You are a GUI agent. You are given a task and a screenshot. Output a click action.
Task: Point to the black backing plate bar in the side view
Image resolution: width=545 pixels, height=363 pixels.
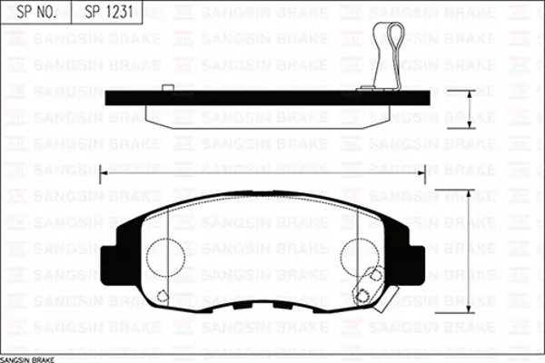[272, 98]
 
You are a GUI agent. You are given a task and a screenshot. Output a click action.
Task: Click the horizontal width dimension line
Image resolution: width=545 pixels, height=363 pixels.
[263, 171]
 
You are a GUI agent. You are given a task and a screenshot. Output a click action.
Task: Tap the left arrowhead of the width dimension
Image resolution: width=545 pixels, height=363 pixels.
[104, 171]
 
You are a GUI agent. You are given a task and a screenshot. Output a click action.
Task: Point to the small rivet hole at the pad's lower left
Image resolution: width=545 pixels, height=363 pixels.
[163, 295]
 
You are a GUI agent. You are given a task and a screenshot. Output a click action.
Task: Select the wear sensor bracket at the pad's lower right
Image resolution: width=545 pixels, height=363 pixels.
[367, 287]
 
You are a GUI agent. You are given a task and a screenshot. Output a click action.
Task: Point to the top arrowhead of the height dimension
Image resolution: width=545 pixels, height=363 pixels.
[469, 193]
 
